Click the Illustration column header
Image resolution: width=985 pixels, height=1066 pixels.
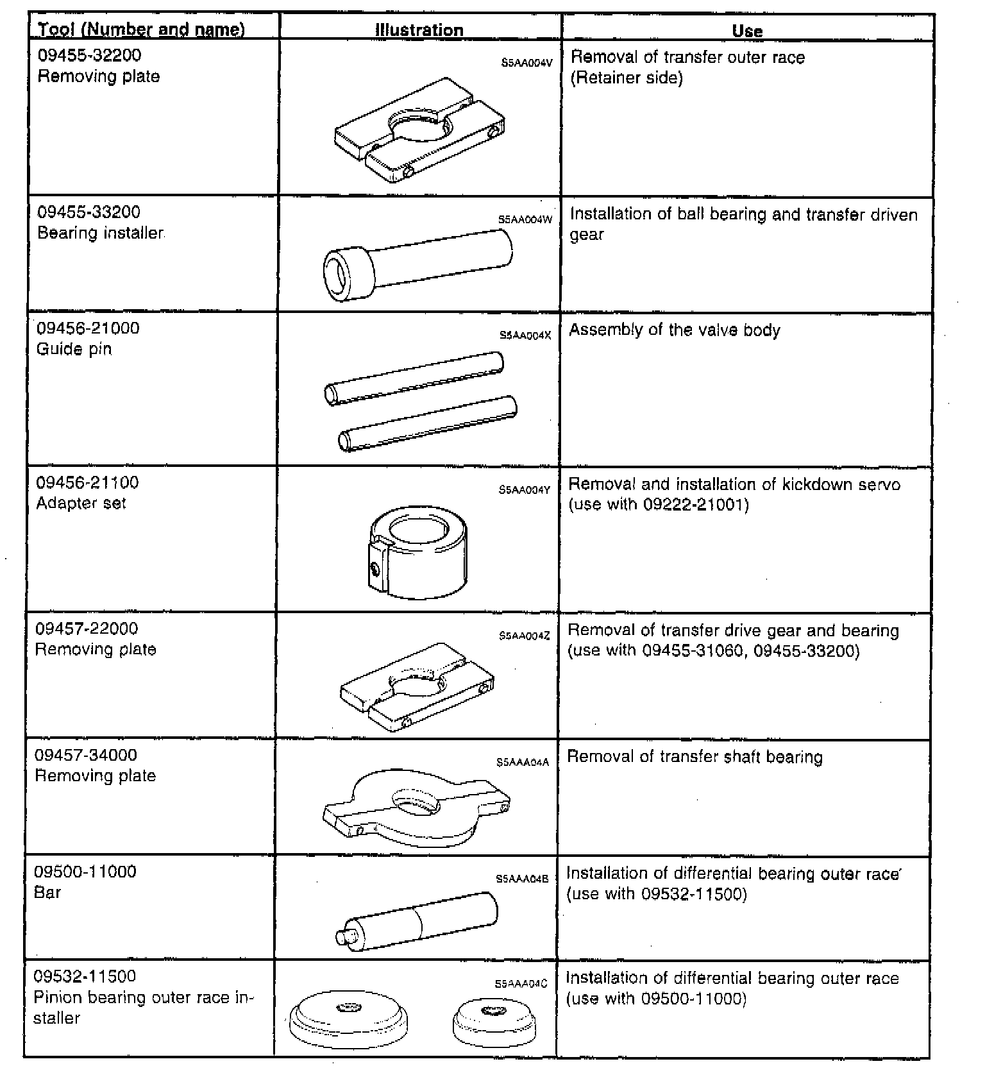tap(419, 30)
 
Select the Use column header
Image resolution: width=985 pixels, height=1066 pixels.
tap(747, 31)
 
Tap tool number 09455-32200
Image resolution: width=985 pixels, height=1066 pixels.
tap(89, 55)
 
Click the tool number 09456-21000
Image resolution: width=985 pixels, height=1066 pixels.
tap(88, 328)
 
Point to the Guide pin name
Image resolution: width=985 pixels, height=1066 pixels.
tap(74, 349)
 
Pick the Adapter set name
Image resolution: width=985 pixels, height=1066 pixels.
tap(81, 503)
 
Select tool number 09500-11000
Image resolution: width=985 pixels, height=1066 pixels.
tap(85, 871)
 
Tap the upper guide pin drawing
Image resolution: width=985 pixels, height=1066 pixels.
tap(414, 378)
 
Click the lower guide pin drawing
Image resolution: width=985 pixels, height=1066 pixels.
tap(427, 423)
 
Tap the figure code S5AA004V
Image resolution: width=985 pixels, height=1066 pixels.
tap(526, 63)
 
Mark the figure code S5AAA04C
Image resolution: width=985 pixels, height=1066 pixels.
tap(521, 984)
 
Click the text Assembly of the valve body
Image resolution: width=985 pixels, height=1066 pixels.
tap(675, 330)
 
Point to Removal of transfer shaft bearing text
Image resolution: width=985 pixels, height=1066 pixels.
tap(695, 757)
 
